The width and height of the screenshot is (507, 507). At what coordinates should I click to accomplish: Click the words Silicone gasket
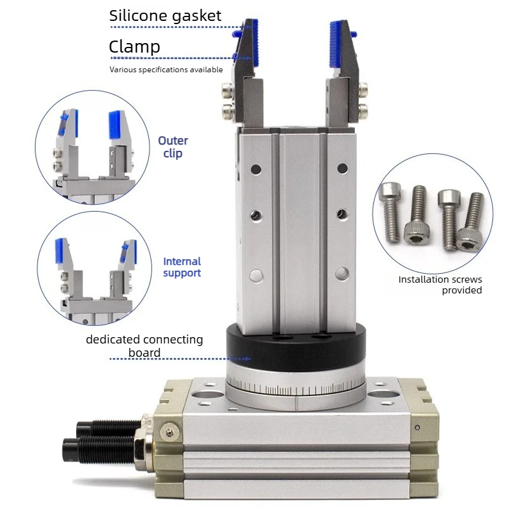[165, 16]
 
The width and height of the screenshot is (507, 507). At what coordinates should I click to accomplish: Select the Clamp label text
[134, 46]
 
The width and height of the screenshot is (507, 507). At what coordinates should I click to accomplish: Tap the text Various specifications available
[166, 70]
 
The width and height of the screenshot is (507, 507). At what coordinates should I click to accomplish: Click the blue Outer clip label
[173, 146]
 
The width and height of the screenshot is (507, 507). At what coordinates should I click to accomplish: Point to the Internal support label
[182, 267]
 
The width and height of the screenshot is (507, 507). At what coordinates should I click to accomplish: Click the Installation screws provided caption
[440, 285]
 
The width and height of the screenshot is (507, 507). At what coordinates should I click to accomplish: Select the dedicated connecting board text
[144, 346]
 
